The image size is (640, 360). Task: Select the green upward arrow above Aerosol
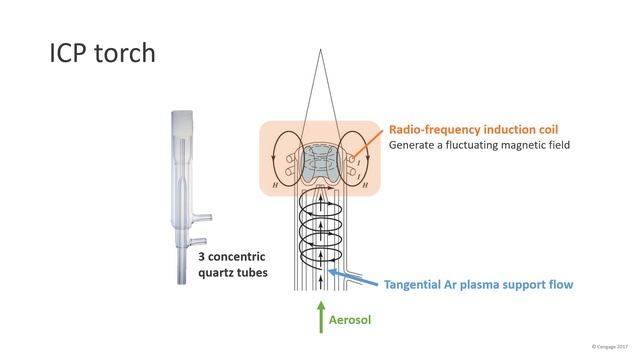click(320, 312)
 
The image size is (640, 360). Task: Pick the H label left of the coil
click(274, 184)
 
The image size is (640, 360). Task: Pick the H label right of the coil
click(366, 184)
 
